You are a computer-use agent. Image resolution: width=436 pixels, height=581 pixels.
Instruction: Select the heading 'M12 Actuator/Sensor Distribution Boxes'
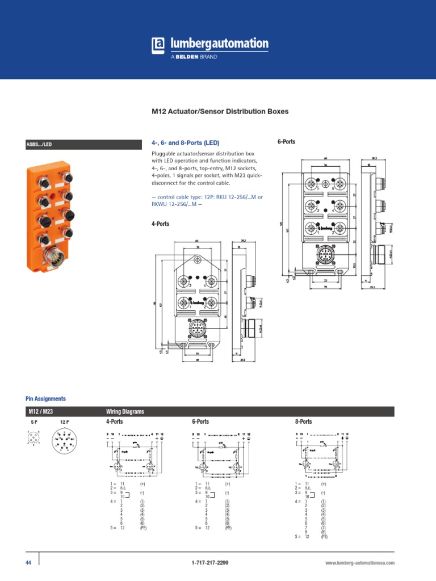[x=220, y=111]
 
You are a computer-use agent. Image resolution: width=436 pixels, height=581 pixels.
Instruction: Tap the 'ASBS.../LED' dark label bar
[x=83, y=145]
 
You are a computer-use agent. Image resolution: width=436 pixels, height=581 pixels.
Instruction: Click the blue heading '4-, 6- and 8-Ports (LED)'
[x=185, y=142]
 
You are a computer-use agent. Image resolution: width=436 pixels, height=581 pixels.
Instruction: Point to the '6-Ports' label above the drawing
[x=286, y=141]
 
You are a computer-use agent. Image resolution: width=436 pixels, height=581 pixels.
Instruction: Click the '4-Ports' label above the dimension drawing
[x=160, y=224]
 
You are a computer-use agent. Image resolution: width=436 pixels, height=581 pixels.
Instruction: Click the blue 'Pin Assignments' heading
[x=45, y=399]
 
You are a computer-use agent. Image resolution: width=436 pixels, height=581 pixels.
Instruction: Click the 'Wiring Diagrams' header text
[x=125, y=411]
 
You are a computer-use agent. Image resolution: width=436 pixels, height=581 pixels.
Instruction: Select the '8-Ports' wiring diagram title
[x=303, y=422]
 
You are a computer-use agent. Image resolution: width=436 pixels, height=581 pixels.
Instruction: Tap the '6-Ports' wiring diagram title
[x=200, y=422]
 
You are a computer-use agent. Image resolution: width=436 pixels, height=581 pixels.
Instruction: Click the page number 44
[x=29, y=562]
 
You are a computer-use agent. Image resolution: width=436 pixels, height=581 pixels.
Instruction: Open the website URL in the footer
[x=359, y=563]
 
